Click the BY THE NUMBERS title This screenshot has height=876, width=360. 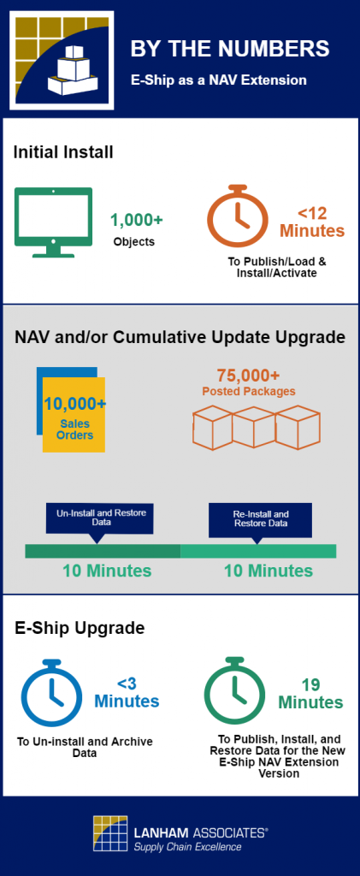[x=230, y=49]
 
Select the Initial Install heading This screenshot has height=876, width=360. [x=63, y=152]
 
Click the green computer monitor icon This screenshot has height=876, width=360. [x=54, y=222]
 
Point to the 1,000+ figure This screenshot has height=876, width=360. [x=137, y=221]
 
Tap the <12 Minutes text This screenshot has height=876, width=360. [x=312, y=222]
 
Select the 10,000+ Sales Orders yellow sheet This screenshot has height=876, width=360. [x=74, y=414]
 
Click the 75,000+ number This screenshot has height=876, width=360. [x=249, y=375]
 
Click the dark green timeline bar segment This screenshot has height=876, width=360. [x=103, y=551]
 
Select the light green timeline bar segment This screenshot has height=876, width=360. [x=258, y=551]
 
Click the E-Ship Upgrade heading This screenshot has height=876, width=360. [x=80, y=628]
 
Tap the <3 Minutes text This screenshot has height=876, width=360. [x=127, y=693]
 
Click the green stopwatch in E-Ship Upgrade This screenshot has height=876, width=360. [x=235, y=690]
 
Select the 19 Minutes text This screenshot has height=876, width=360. [x=311, y=694]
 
